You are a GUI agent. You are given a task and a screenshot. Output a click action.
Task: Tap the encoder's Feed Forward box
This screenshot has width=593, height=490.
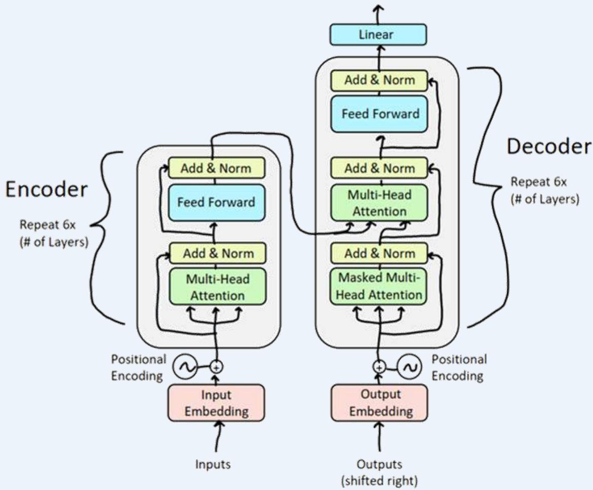point(216,202)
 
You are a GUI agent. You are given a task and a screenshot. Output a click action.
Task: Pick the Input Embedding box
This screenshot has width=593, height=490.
point(216,403)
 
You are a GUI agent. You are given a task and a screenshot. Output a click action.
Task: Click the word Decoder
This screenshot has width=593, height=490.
point(549,146)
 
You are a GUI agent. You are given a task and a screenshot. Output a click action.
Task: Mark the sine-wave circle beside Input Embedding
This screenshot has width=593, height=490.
point(183,366)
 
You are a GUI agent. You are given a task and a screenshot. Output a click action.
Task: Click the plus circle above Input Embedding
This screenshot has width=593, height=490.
point(217,366)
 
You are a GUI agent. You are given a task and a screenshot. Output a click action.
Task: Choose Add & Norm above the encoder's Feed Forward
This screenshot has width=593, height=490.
point(216,168)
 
